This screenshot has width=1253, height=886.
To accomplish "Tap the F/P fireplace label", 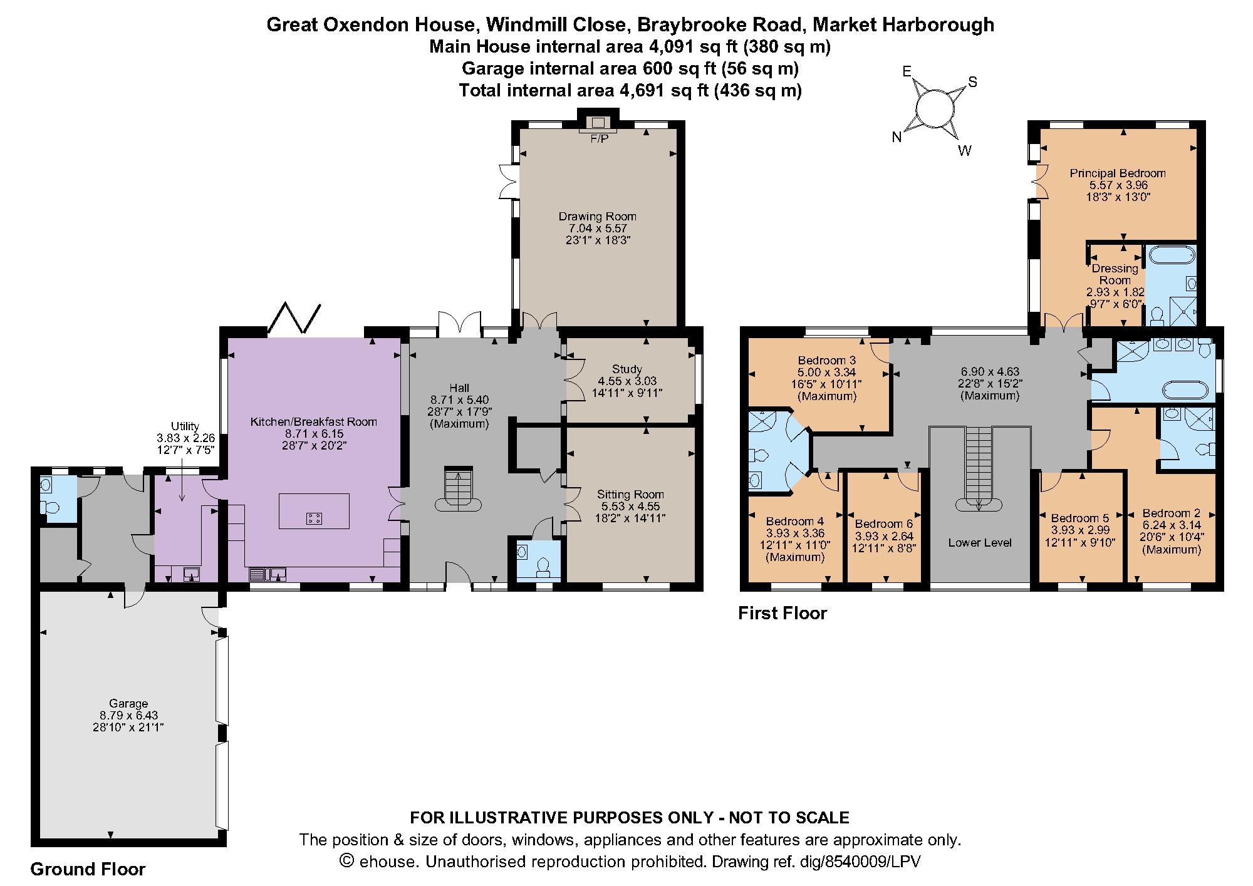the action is (x=599, y=139).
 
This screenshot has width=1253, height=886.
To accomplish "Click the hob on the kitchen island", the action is (x=315, y=518).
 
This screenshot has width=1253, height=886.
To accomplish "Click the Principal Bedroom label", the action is (x=1118, y=173).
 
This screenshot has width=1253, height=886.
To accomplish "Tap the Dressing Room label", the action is (x=1115, y=274).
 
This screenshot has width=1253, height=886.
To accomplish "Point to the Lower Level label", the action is (x=980, y=543).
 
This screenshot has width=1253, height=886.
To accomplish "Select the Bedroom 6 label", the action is (x=883, y=523).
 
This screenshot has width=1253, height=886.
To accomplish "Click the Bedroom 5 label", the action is (x=1080, y=518).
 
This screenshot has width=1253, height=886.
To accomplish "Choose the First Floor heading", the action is (x=782, y=613).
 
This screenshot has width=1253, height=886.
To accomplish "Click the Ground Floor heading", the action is (x=88, y=869).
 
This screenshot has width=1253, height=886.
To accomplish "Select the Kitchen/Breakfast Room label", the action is (x=314, y=421).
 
